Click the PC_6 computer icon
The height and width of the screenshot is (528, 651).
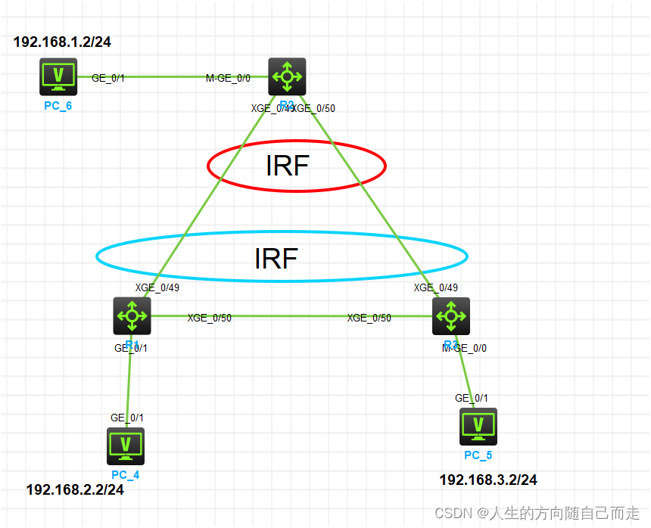[58, 76]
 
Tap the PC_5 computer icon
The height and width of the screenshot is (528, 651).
[478, 427]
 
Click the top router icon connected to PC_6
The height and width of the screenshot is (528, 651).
[287, 76]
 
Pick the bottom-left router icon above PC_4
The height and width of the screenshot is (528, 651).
[132, 315]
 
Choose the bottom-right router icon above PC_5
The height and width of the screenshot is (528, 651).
[451, 315]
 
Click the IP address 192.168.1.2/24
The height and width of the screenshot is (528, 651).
[62, 42]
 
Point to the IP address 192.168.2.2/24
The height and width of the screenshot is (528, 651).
[75, 489]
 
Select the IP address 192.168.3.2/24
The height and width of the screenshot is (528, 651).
[488, 480]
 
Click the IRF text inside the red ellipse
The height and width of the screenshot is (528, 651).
[287, 165]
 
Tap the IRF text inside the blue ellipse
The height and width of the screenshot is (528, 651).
[276, 258]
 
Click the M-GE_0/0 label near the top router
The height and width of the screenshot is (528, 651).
[228, 78]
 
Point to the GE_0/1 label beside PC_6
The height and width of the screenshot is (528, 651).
[107, 78]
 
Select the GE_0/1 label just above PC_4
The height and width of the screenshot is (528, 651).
[127, 418]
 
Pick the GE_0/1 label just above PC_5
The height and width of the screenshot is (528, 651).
[472, 398]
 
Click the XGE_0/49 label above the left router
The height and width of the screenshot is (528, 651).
[157, 287]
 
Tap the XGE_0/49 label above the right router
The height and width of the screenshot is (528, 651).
[435, 287]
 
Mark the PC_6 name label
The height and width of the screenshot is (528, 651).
[58, 105]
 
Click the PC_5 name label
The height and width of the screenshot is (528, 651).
[478, 455]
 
